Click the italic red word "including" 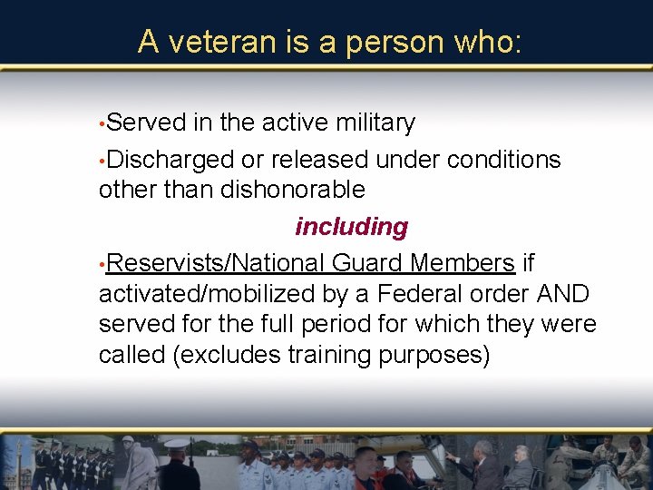click(351, 227)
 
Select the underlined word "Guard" click(367, 263)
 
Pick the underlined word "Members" click(462, 263)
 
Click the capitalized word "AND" click(562, 294)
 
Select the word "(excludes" click(227, 355)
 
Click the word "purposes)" click(439, 355)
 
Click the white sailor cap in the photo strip click(176, 444)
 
